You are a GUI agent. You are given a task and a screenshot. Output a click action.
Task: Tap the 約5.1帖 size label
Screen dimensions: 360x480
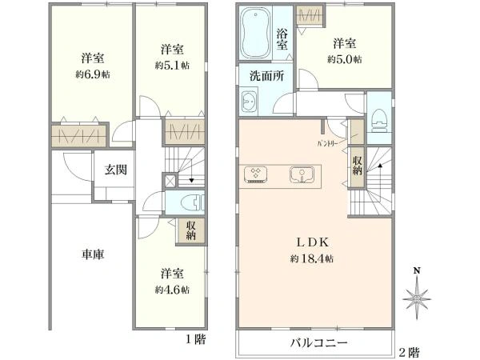(x=172, y=65)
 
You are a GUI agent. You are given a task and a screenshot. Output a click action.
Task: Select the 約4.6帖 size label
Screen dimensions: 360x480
(x=172, y=290)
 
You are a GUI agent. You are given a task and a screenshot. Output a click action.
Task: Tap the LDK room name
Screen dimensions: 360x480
(x=317, y=242)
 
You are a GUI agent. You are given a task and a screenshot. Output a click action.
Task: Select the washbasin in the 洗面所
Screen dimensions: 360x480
(x=249, y=102)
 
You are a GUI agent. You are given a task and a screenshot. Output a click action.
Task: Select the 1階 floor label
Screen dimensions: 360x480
(x=196, y=339)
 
